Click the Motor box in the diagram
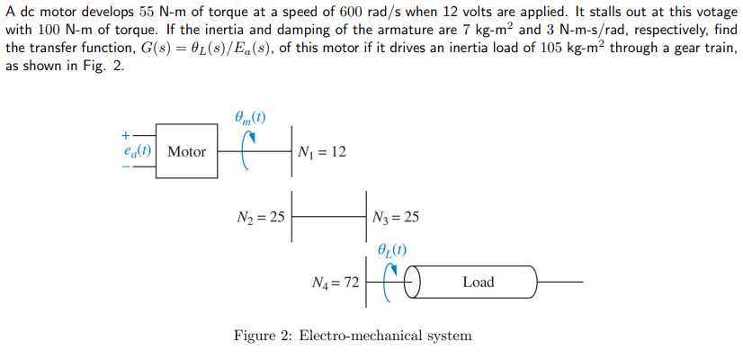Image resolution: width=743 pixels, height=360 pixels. click(x=186, y=152)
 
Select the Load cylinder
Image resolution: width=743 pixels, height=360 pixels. click(x=477, y=283)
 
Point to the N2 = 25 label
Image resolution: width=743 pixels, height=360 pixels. click(x=258, y=217)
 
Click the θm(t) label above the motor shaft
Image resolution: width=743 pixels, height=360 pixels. click(x=249, y=116)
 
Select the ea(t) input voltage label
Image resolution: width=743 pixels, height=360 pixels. click(x=139, y=152)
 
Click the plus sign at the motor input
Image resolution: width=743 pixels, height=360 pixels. click(x=125, y=134)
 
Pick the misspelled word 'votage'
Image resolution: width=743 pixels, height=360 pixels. click(x=712, y=11)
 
